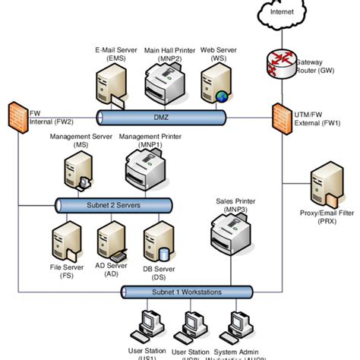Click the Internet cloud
tap(281, 12)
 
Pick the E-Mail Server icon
tap(108, 87)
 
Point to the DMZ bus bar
tap(161, 117)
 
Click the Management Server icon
tap(78, 169)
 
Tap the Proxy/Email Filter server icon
tap(324, 191)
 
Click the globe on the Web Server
tap(221, 96)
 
